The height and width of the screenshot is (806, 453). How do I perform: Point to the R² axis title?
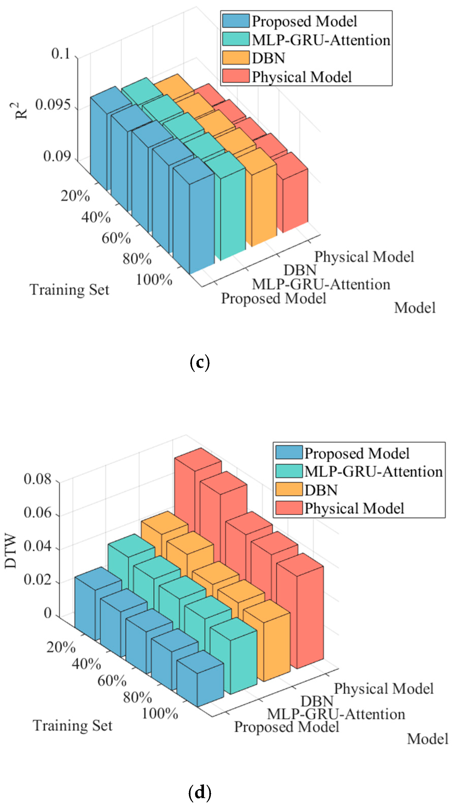[21, 111]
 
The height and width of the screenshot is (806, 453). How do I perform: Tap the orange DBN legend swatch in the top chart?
[236, 58]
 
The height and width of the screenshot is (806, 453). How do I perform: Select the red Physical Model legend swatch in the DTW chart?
[289, 507]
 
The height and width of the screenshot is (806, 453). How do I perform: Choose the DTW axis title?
[11, 551]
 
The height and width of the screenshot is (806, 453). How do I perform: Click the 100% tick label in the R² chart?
[154, 279]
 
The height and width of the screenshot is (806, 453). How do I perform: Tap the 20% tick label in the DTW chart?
[61, 647]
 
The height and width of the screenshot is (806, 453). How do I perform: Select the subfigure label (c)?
[200, 362]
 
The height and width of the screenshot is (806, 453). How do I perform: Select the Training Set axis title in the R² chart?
[70, 290]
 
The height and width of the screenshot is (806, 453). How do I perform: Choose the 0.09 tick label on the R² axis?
[56, 156]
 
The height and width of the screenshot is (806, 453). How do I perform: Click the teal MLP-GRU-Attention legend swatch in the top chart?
[236, 39]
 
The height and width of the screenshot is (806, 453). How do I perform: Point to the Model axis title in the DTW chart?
[427, 739]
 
